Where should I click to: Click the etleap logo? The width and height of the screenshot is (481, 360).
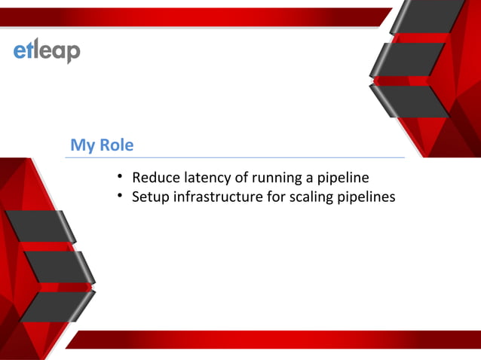[46, 50]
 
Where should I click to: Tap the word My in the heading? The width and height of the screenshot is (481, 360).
[82, 145]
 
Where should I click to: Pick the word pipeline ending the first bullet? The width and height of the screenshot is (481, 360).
[342, 178]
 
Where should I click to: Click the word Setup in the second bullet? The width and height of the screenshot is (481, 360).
[150, 197]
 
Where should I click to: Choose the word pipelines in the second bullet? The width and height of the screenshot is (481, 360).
[367, 197]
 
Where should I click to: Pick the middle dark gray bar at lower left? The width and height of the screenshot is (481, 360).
[57, 267]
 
